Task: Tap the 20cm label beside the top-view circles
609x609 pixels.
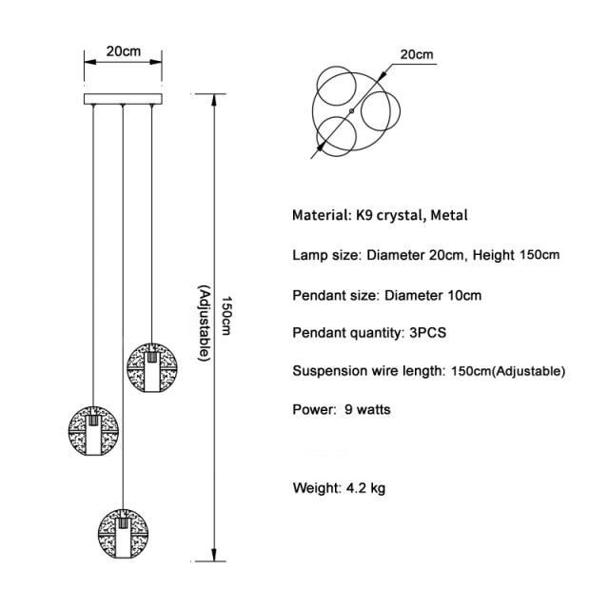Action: pyautogui.click(x=416, y=54)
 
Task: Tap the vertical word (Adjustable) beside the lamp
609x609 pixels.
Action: pyautogui.click(x=203, y=323)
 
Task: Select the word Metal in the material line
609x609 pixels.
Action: pyautogui.click(x=449, y=215)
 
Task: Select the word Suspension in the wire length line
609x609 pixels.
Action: pyautogui.click(x=329, y=371)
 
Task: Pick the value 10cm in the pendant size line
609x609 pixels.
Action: pyautogui.click(x=462, y=295)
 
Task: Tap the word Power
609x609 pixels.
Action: pyautogui.click(x=312, y=410)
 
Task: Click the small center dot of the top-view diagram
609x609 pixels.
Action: pyautogui.click(x=352, y=112)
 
